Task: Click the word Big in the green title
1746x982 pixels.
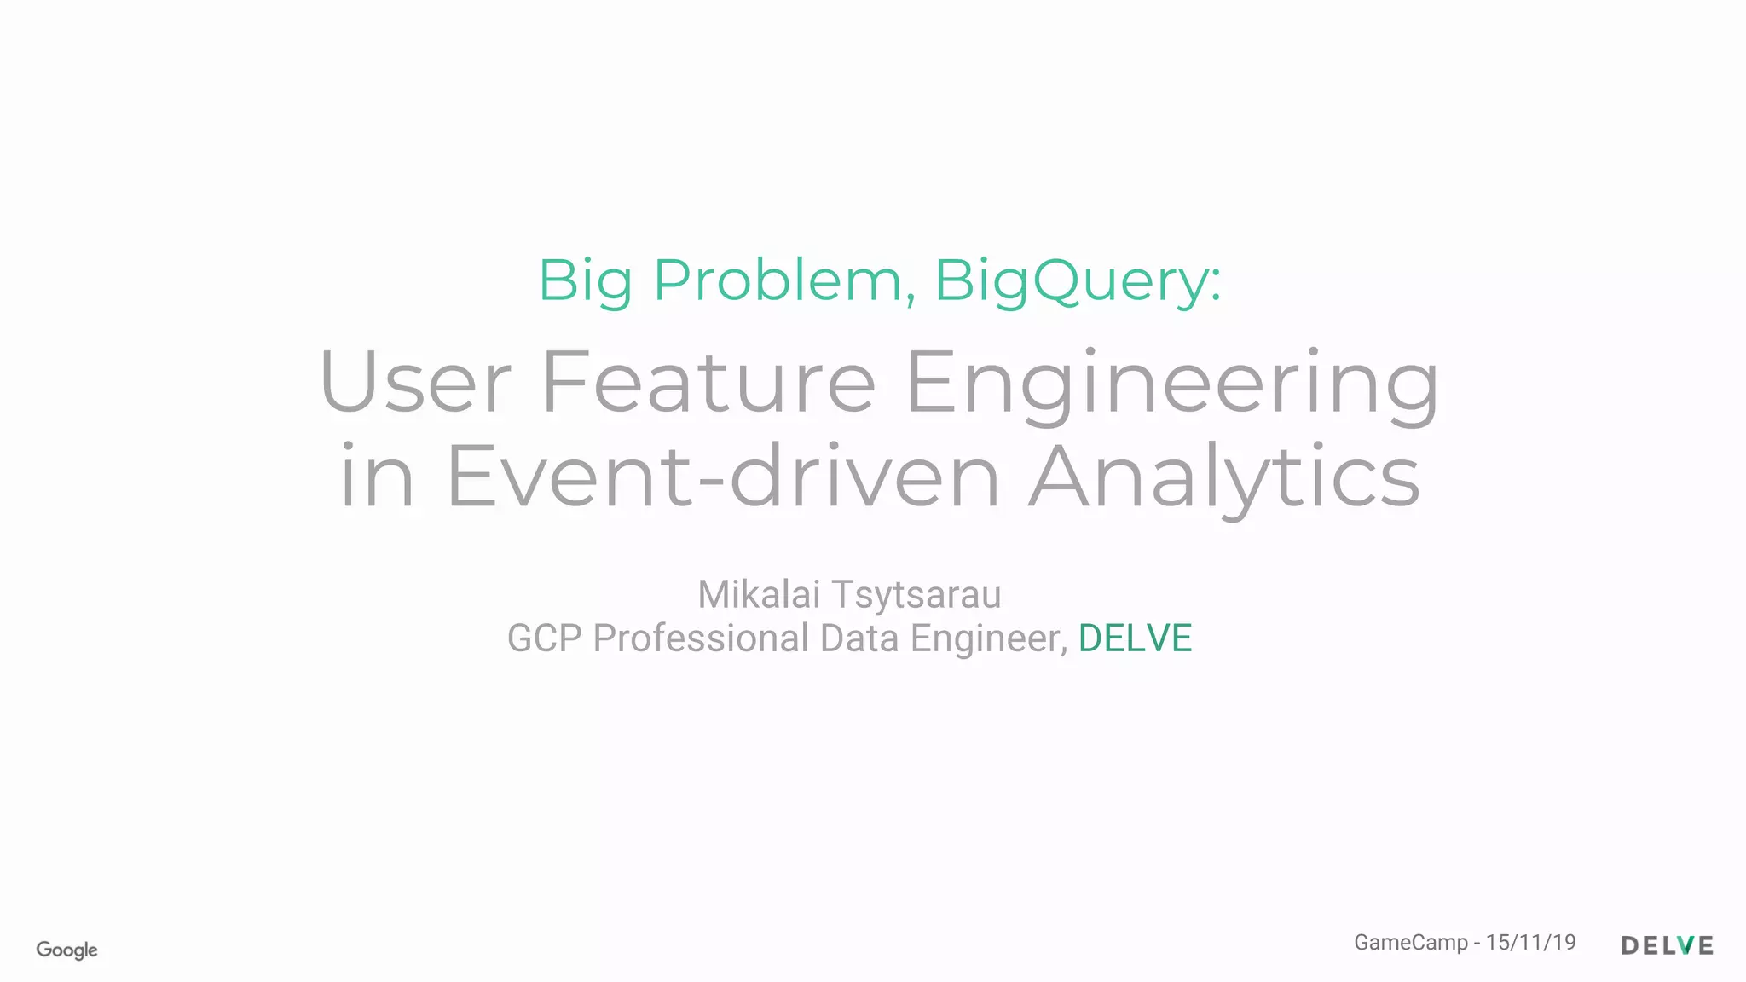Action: point(585,280)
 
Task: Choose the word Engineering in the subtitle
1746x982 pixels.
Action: point(1172,384)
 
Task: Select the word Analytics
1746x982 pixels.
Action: point(1224,477)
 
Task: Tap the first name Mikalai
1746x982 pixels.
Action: point(759,594)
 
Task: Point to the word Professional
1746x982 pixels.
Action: point(701,638)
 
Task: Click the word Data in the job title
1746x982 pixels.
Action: point(859,638)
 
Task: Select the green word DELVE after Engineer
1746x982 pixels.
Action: point(1135,638)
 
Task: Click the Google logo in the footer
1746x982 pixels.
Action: point(66,950)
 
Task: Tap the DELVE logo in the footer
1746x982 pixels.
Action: point(1667,945)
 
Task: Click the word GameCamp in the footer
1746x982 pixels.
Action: point(1411,943)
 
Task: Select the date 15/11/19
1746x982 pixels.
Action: point(1531,942)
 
